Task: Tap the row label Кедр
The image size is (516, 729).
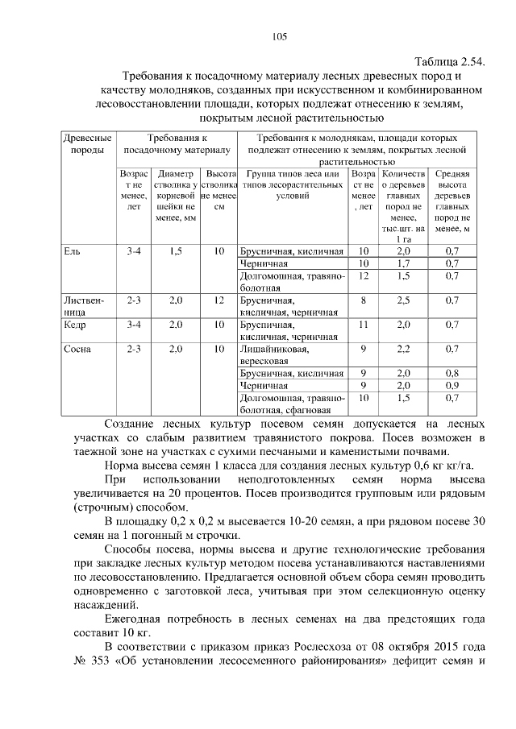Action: click(75, 325)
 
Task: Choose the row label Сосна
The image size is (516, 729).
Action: click(77, 349)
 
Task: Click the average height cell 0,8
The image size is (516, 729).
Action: click(452, 373)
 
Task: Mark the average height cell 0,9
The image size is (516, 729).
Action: click(452, 385)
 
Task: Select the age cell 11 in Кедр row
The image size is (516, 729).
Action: click(364, 325)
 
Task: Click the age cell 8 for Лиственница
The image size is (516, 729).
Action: click(364, 300)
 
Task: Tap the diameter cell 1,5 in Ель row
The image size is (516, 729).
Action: click(177, 251)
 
